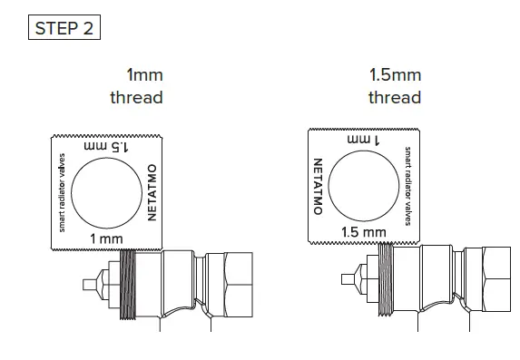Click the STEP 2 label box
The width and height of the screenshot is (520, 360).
pos(63,26)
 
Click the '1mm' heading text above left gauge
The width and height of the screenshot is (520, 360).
pos(145,75)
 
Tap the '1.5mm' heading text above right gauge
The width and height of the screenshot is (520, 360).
pos(395,75)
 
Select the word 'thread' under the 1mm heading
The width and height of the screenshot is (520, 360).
pos(137,97)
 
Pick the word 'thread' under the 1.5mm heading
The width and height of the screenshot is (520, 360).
pos(395,97)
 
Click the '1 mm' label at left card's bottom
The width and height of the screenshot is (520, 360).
pos(106,238)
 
